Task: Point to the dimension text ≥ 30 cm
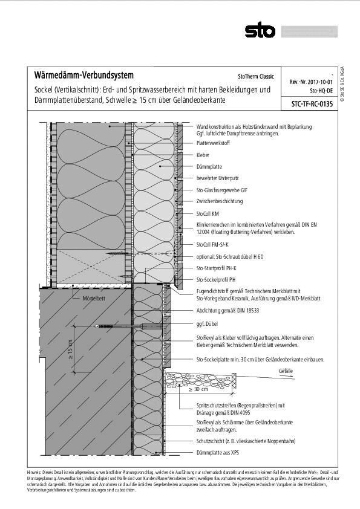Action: [198, 389]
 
